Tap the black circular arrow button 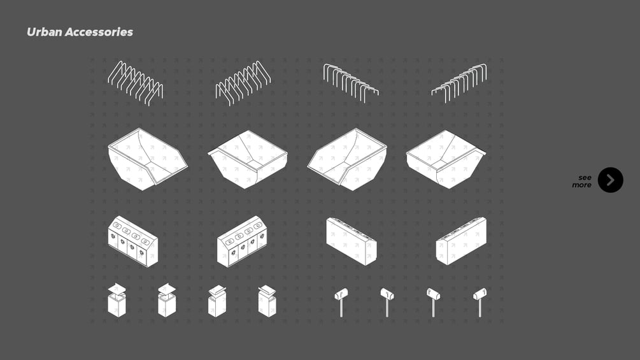pyautogui.click(x=610, y=180)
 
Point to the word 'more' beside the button pyautogui.click(x=581, y=185)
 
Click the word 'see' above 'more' pyautogui.click(x=585, y=178)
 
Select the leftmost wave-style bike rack pyautogui.click(x=136, y=83)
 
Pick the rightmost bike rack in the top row pyautogui.click(x=459, y=83)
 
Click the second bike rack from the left pyautogui.click(x=243, y=83)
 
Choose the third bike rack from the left pyautogui.click(x=351, y=83)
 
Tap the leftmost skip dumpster pyautogui.click(x=147, y=159)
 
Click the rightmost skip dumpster pyautogui.click(x=446, y=159)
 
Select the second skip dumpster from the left pyautogui.click(x=247, y=159)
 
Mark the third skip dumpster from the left pyautogui.click(x=347, y=159)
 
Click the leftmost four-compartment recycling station pyautogui.click(x=132, y=241)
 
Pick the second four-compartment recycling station pyautogui.click(x=243, y=241)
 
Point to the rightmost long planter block pyautogui.click(x=461, y=241)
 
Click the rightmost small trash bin pyautogui.click(x=267, y=301)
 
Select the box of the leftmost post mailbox pyautogui.click(x=341, y=293)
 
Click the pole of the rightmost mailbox pyautogui.click(x=480, y=308)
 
